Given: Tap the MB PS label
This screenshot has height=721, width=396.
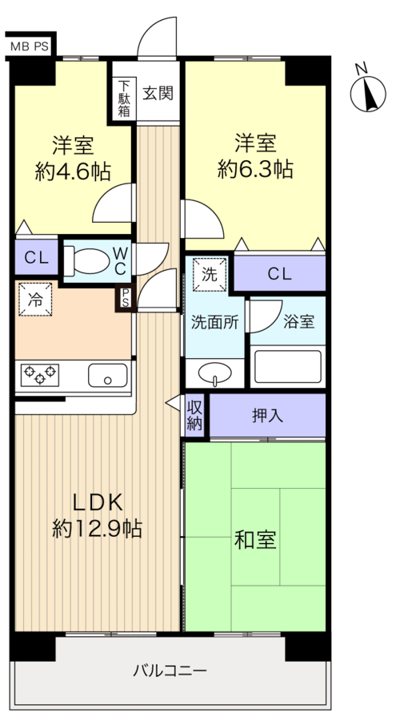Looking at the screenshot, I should [30, 47].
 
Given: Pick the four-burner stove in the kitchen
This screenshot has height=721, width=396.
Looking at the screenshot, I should [40, 373].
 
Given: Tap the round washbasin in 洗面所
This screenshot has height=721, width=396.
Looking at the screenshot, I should [215, 373].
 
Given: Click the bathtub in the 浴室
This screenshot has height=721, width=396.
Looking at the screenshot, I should [288, 367].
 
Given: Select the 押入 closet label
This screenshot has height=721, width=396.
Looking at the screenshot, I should [266, 415].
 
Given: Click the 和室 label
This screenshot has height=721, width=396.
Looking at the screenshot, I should [255, 540].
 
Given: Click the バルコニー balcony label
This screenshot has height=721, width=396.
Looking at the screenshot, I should [170, 669].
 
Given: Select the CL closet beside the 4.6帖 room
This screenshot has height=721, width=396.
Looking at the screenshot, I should [35, 258].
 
